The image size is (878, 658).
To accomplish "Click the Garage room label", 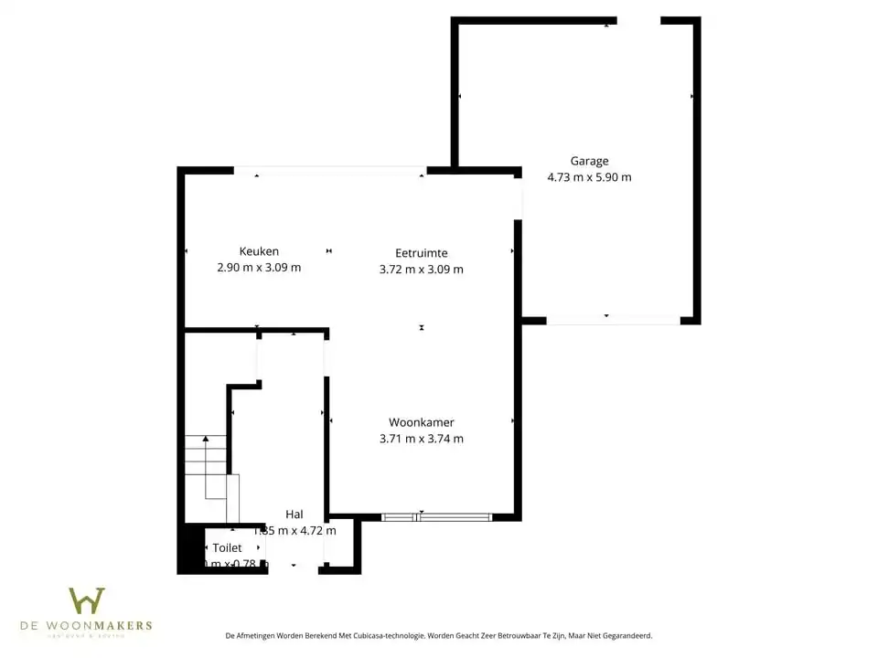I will [x=589, y=161].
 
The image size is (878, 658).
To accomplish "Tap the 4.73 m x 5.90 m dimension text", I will [x=589, y=177].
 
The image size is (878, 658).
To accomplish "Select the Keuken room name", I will [x=259, y=251].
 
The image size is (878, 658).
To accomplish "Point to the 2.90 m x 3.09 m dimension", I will [x=259, y=268].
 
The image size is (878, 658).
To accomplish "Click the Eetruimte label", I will [x=421, y=252].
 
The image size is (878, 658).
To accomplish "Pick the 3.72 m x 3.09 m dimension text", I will [x=421, y=269].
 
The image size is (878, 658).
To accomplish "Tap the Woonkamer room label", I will [x=421, y=422].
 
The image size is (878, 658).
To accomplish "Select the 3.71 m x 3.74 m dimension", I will [x=421, y=439].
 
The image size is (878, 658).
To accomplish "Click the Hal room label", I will [x=294, y=515].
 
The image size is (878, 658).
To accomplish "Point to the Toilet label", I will [x=227, y=547].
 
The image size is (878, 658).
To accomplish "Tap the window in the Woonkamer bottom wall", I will [x=436, y=517].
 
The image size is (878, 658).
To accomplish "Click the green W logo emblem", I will [x=87, y=600].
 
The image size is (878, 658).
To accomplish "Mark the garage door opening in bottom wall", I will [x=613, y=321].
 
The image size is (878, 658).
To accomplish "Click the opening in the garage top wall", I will [x=638, y=20].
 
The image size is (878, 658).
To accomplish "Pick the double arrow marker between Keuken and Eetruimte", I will [x=329, y=250].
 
